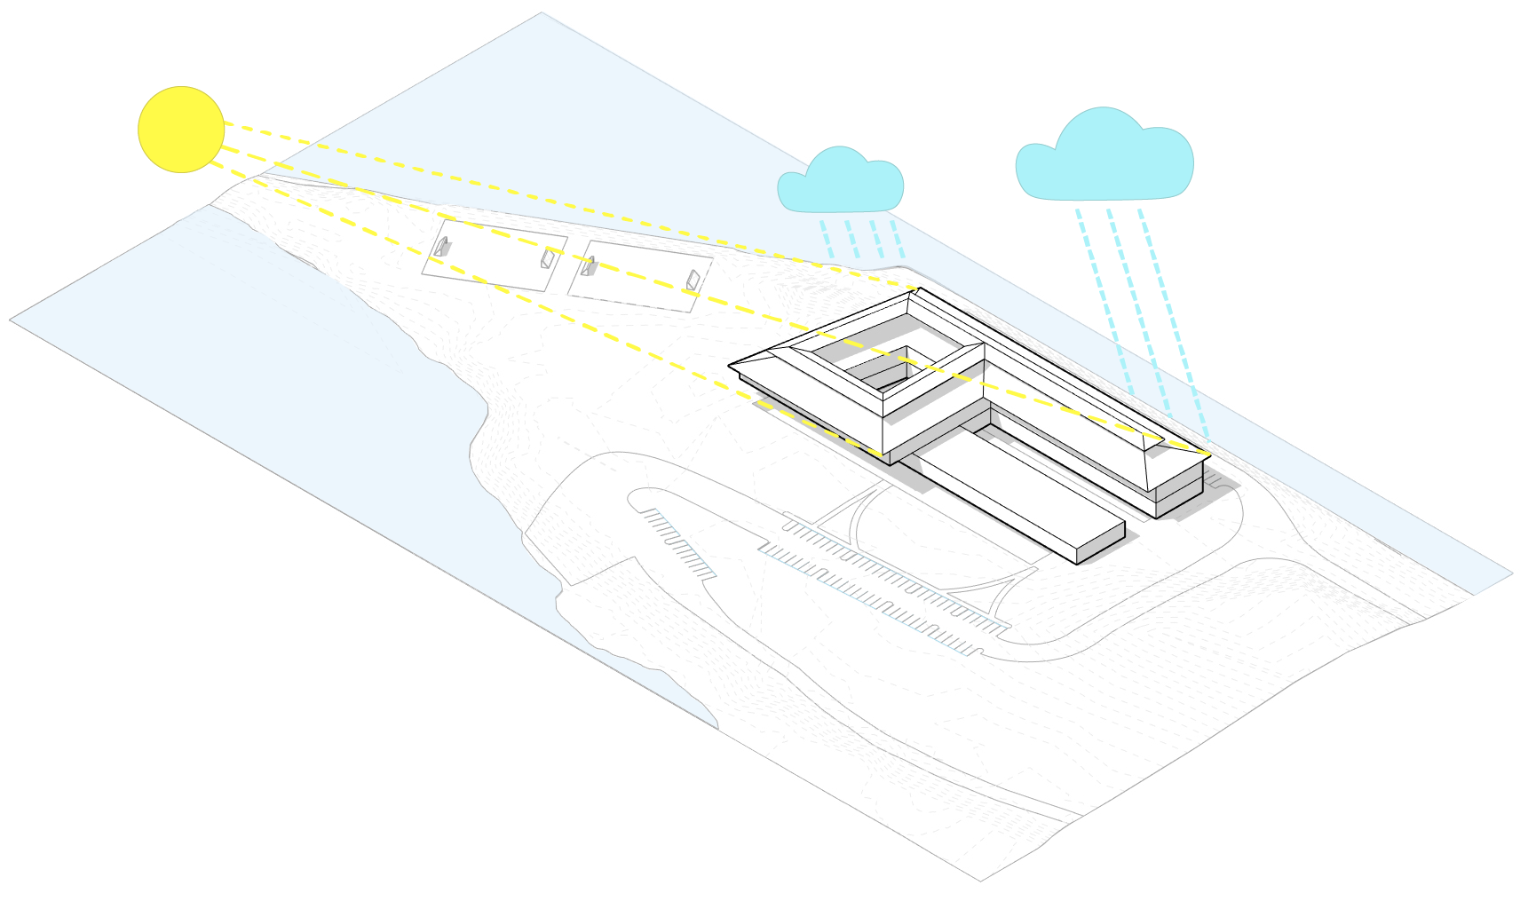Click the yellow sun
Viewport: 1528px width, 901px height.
pyautogui.click(x=181, y=130)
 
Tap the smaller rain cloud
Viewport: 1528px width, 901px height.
pyautogui.click(x=840, y=181)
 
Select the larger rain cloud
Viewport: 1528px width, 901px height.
pyautogui.click(x=1104, y=158)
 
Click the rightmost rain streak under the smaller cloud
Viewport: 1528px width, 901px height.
pyautogui.click(x=898, y=238)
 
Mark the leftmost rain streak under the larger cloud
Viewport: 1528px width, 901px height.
pyautogui.click(x=1104, y=302)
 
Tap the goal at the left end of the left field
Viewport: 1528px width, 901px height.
pyautogui.click(x=441, y=246)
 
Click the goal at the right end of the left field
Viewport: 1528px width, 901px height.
pyautogui.click(x=548, y=258)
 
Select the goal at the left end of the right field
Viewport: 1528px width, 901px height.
pyautogui.click(x=588, y=265)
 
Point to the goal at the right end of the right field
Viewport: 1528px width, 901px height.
pyautogui.click(x=693, y=281)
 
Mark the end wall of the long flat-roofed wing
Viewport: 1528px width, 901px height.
pyautogui.click(x=1101, y=544)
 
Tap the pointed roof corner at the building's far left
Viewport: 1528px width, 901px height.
pyautogui.click(x=732, y=364)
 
